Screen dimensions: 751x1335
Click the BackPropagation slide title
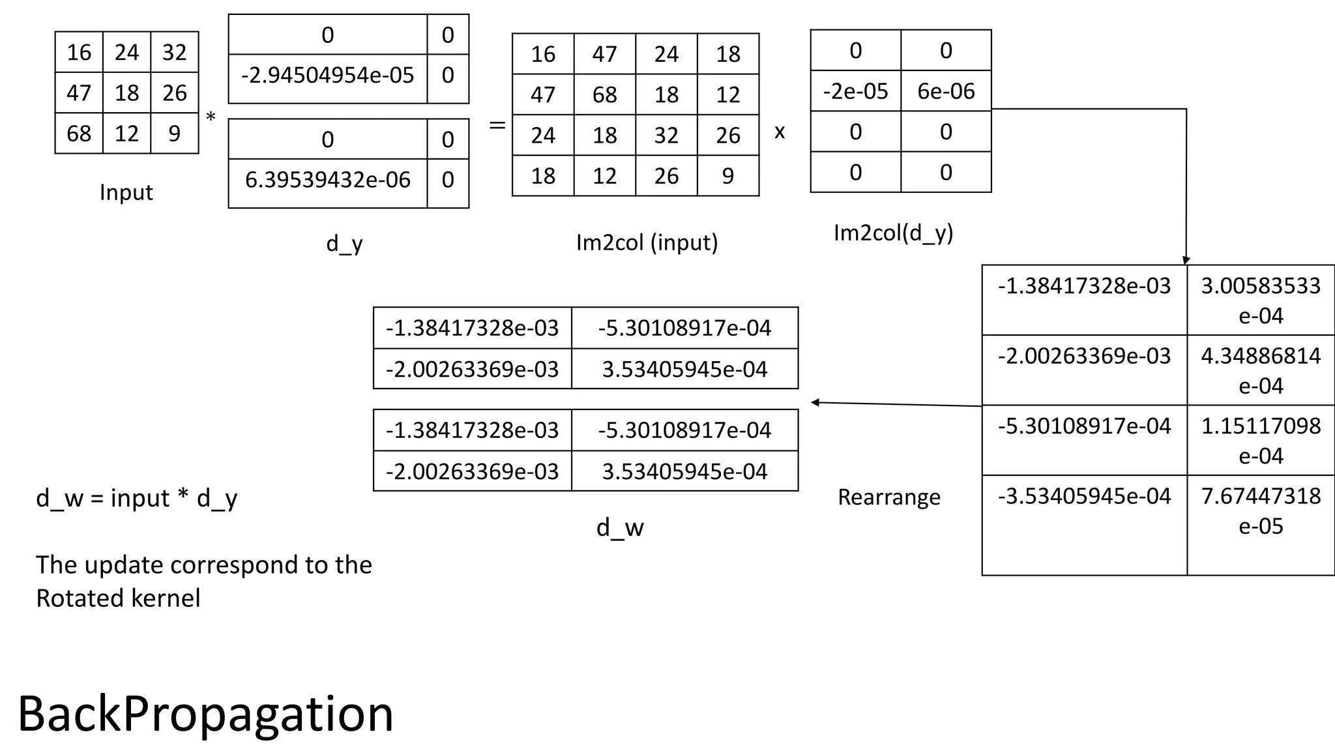(205, 714)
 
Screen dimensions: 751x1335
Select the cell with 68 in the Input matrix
(79, 134)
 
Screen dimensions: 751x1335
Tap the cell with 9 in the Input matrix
(174, 134)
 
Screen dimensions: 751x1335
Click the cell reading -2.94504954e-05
(327, 76)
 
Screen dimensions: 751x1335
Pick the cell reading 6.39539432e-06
(327, 180)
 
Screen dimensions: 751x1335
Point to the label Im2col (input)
(647, 243)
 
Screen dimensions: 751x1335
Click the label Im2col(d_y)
(893, 233)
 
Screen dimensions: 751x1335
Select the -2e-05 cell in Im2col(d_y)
(855, 91)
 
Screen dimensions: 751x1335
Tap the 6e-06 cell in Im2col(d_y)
(946, 91)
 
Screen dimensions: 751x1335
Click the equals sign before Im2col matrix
(497, 125)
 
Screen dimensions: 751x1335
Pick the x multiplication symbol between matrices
(780, 132)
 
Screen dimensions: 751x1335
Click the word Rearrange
(888, 497)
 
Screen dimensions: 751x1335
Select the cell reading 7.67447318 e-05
(1261, 510)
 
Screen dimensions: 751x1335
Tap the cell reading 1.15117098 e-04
(1261, 441)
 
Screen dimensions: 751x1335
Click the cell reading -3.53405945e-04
(1084, 497)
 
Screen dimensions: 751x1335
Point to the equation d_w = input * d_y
(137, 498)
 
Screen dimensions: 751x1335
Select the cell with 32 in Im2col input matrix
(666, 136)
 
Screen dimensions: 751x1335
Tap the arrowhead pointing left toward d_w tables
(815, 402)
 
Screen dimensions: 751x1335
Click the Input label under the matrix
(126, 192)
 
